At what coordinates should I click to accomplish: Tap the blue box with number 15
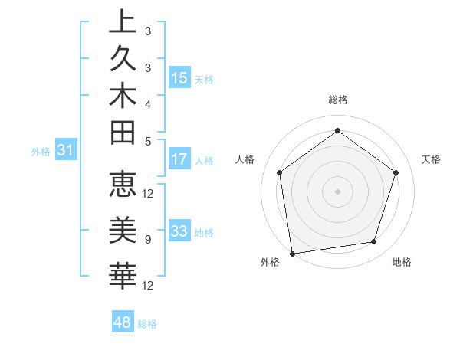tap(179, 78)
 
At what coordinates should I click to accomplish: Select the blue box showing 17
tap(179, 160)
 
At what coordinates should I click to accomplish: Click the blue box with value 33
tap(179, 231)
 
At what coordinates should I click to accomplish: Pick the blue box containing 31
tap(66, 151)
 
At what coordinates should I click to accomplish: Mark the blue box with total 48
tap(123, 322)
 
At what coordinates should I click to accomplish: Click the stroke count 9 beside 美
tap(147, 240)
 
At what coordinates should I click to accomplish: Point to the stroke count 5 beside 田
tap(147, 141)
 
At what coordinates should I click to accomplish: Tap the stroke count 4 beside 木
tap(147, 103)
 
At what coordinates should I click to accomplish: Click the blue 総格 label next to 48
tap(148, 324)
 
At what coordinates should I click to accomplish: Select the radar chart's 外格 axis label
tap(270, 263)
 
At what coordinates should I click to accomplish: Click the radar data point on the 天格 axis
tap(396, 172)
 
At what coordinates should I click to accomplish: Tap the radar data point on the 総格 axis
tap(337, 130)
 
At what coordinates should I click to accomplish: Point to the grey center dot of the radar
tap(337, 191)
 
